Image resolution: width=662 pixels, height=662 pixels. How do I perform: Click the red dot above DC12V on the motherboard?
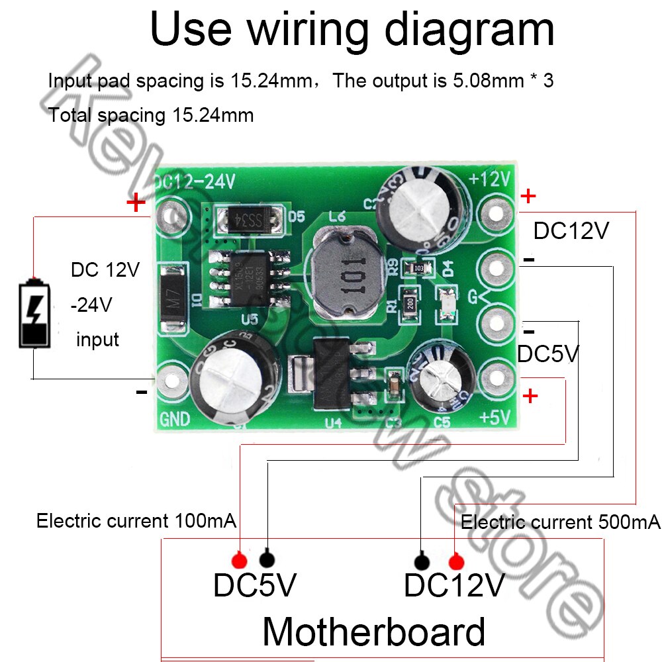(x=455, y=562)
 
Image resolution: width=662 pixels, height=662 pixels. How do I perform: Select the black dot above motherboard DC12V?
(x=422, y=562)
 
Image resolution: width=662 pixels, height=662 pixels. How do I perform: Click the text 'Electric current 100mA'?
(x=136, y=521)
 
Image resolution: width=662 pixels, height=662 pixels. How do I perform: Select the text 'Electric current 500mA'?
(x=560, y=522)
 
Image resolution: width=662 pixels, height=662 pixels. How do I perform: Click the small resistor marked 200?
(x=410, y=303)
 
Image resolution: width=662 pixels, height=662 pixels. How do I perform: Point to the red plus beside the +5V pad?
(x=530, y=396)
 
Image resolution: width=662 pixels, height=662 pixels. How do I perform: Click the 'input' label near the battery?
(x=97, y=340)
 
